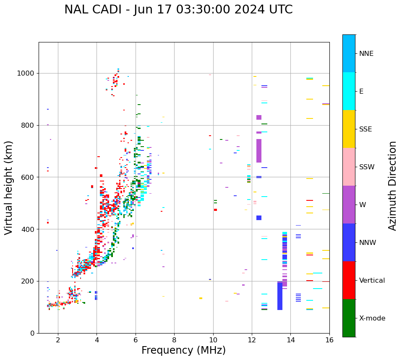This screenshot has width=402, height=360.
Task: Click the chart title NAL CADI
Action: [178, 10]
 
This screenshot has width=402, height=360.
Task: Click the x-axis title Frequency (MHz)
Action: [183, 350]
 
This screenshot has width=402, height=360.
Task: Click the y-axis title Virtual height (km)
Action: [9, 187]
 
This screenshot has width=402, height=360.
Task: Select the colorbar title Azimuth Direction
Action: [392, 186]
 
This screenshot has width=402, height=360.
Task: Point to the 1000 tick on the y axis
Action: [28, 74]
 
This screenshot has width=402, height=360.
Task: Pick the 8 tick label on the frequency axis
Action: [174, 340]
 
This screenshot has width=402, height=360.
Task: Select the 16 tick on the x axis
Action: [329, 340]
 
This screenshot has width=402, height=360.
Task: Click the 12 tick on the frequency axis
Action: [252, 340]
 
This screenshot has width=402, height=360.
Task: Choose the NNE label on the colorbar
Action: [366, 54]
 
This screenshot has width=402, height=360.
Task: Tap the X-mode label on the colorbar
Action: [372, 318]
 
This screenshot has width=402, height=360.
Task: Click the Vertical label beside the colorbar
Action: [372, 281]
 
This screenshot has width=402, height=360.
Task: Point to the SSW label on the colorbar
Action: [367, 167]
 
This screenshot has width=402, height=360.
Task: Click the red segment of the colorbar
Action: [349, 280]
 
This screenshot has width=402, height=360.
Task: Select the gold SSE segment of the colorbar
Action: [349, 129]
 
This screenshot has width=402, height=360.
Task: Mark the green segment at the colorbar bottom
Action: [349, 318]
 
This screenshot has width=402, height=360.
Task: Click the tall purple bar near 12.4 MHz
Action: [259, 151]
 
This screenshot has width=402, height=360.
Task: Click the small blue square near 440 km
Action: [259, 218]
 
